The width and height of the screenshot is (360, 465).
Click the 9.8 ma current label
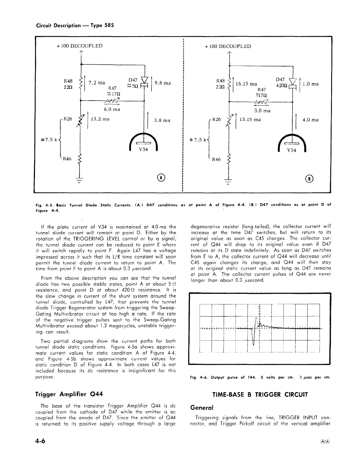[162, 83]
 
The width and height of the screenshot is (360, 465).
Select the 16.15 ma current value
[246, 84]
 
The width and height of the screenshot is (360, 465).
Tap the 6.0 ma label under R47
[112, 109]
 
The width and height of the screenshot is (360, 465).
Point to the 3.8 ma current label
[162, 120]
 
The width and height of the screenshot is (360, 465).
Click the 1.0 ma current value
[311, 84]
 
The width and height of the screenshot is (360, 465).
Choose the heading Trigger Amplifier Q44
[69, 394]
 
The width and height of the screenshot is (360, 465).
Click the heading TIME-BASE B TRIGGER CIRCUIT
[260, 394]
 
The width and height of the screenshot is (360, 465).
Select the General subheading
[201, 408]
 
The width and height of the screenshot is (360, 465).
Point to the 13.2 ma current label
[100, 119]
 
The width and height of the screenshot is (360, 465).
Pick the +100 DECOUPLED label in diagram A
[79, 46]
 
